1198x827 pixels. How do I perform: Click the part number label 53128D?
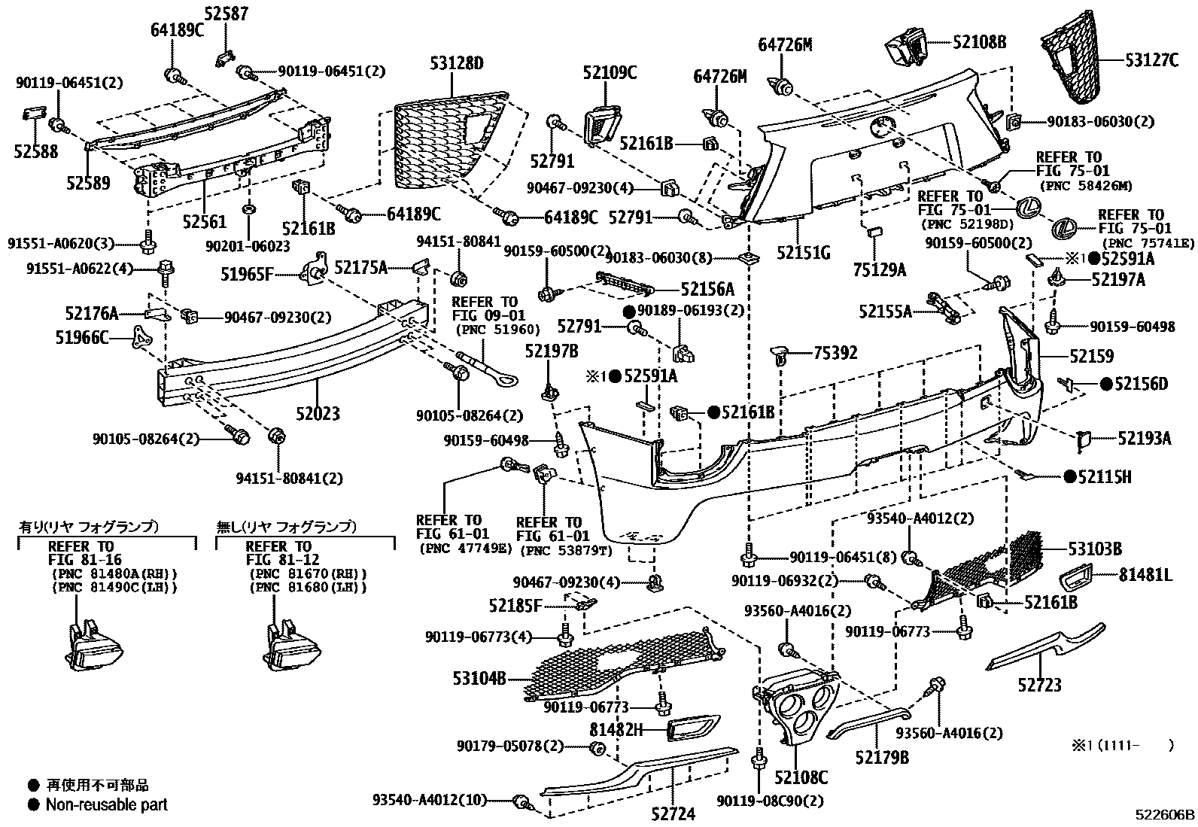pos(457,63)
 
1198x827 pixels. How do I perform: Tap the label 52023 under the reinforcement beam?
pos(317,413)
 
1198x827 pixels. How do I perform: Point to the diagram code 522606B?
pos(1166,814)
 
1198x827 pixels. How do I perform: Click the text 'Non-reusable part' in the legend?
pos(106,804)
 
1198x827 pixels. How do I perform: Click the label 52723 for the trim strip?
pos(1039,684)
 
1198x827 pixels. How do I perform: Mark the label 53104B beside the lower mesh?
pos(479,678)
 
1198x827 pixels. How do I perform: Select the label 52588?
pos(35,152)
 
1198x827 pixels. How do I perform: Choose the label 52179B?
pos(881,758)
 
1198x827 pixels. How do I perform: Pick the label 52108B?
pos(978,42)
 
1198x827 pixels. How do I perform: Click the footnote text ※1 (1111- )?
pos(1122,746)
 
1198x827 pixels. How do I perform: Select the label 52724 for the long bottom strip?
pos(673,813)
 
